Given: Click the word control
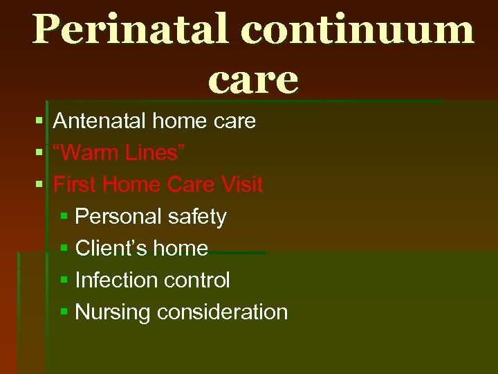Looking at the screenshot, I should click(x=195, y=280).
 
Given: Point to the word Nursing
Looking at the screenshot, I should click(x=113, y=312).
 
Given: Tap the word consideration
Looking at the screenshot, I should click(x=222, y=312).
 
